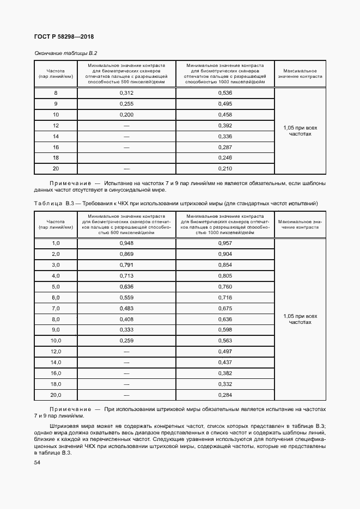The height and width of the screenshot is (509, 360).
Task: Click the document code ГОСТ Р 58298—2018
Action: click(64, 37)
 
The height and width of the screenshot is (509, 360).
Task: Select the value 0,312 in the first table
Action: click(126, 93)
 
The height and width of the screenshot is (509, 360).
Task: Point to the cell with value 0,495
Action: click(225, 103)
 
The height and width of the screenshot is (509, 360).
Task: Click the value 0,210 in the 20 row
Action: click(225, 168)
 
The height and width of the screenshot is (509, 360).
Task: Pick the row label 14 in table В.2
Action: click(56, 136)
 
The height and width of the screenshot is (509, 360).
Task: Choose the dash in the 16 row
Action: click(126, 147)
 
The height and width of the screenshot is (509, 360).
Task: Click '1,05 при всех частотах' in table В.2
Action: click(300, 130)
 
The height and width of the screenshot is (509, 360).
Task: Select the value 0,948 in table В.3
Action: click(126, 243)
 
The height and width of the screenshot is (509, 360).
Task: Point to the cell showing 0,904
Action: click(225, 254)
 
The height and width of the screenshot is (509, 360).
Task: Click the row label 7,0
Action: click(56, 308)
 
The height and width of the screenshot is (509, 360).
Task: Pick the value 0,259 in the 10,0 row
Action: click(126, 341)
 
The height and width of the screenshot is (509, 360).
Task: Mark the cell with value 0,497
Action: click(225, 351)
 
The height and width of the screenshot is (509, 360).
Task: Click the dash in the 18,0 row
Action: click(126, 384)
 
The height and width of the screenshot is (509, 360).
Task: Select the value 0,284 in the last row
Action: click(225, 395)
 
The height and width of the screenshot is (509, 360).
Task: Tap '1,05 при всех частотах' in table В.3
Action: click(300, 319)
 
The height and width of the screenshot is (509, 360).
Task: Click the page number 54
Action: click(37, 462)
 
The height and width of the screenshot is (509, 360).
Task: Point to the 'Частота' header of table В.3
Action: click(56, 222)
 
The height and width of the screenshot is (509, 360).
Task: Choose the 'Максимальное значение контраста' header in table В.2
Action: click(300, 74)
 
